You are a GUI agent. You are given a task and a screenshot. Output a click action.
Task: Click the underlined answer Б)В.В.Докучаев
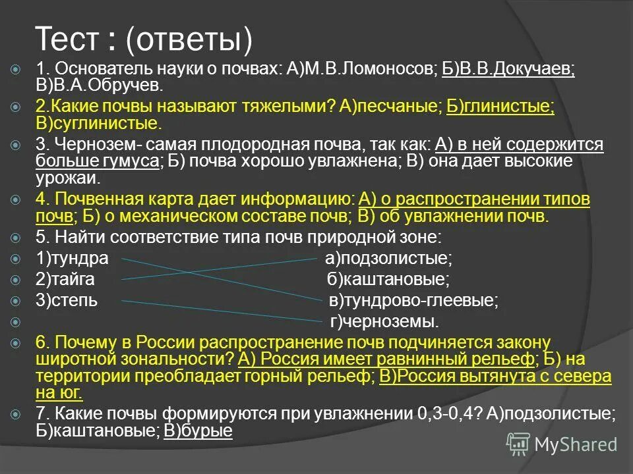point(508,70)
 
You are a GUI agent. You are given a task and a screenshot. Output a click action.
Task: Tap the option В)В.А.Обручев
point(99,86)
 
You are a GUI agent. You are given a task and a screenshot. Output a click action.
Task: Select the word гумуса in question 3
point(128,162)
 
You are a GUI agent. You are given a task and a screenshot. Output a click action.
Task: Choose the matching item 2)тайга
point(65,279)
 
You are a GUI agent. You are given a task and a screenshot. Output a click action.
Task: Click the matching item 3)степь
point(67,301)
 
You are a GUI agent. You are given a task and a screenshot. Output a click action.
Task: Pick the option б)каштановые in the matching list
point(389,279)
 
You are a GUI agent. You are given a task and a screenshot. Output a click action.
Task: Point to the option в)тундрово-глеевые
point(414,301)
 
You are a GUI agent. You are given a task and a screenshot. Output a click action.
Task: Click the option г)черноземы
point(384,322)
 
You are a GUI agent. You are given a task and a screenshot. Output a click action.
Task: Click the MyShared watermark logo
point(563,444)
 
